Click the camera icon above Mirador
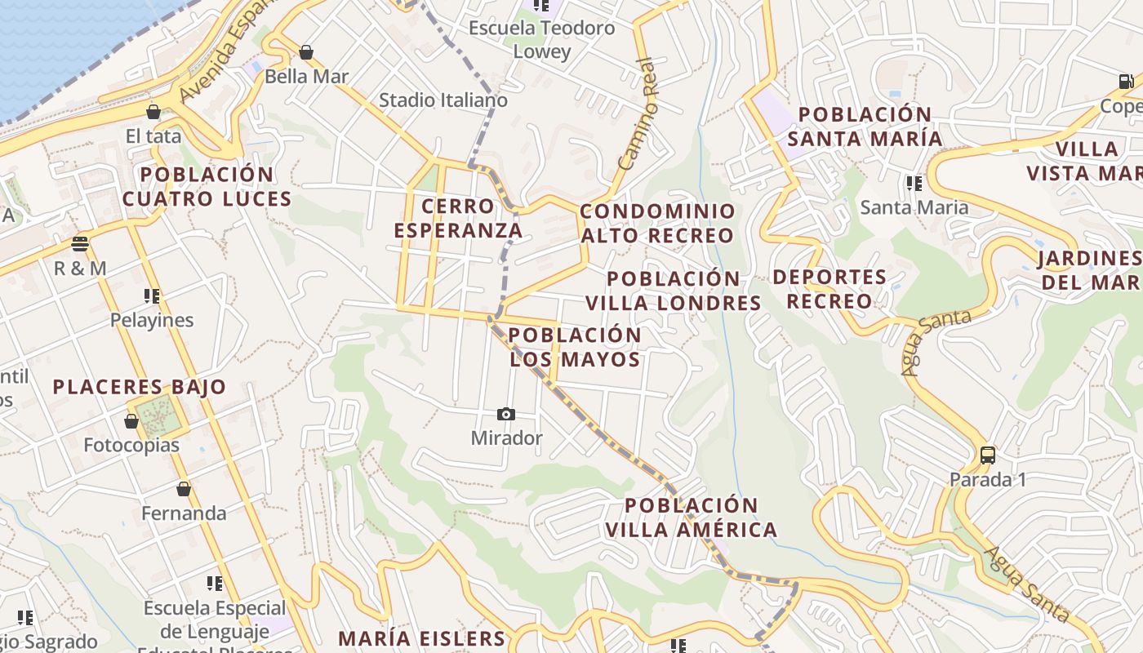506,415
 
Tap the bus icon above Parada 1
987,455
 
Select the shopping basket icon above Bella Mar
306,53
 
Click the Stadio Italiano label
443,100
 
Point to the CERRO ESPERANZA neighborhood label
458,218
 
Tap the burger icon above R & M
79,244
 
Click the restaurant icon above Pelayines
152,295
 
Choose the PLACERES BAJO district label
140,387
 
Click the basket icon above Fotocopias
131,421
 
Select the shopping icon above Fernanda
184,489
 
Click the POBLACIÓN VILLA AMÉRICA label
692,518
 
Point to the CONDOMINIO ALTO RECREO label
657,224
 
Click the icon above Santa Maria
914,183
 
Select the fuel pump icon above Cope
1126,82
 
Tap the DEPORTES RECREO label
829,289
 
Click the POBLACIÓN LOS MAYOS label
575,348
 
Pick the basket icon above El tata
153,112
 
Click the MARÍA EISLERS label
422,638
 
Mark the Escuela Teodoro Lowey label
542,40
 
